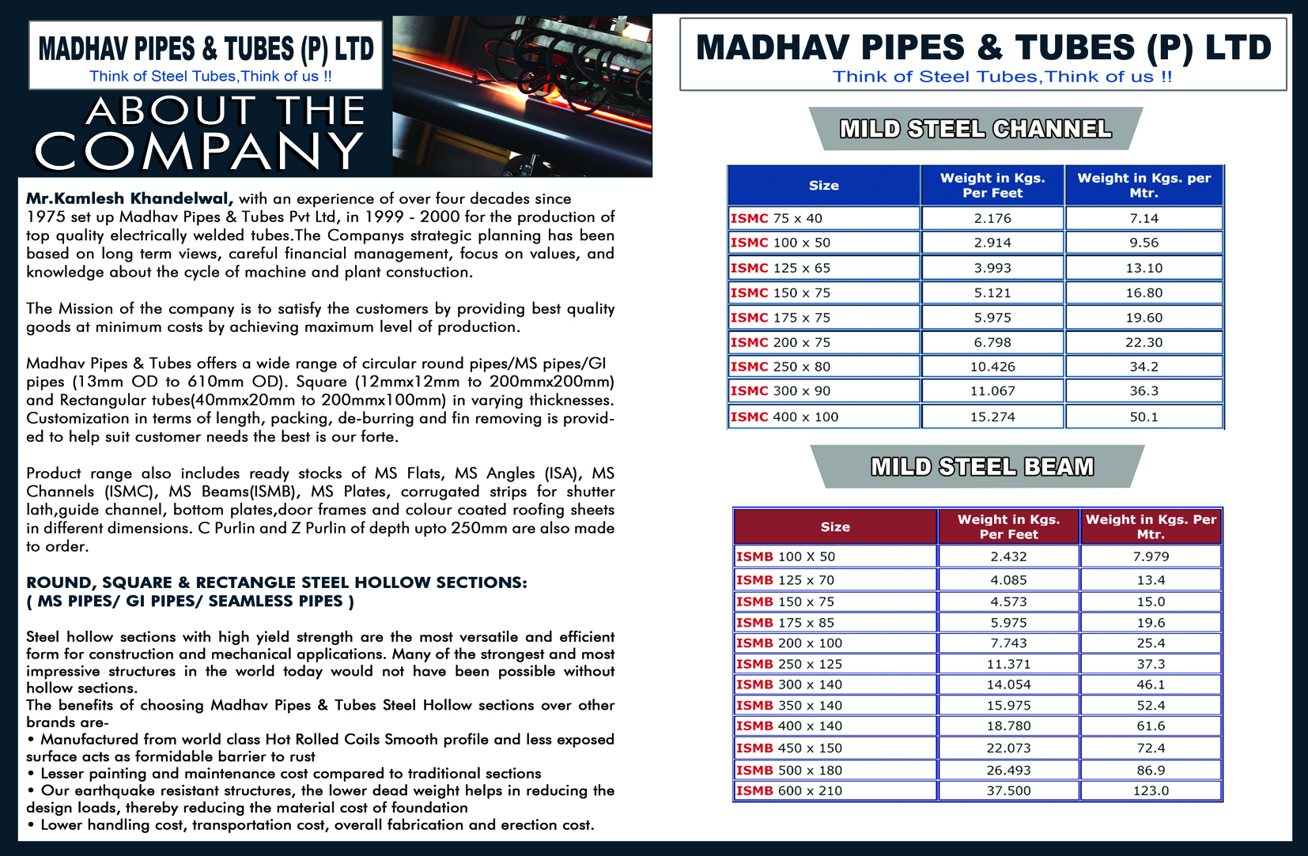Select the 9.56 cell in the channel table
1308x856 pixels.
coord(1144,243)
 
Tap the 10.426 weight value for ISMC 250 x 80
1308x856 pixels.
coord(992,367)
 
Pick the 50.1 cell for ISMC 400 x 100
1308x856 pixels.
coord(1144,417)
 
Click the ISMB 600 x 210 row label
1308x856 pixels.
coord(788,790)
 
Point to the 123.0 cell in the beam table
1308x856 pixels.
coord(1151,790)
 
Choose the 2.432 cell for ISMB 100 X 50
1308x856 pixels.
coord(1008,556)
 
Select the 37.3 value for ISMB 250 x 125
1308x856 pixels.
coord(1151,664)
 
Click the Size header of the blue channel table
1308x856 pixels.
coord(823,186)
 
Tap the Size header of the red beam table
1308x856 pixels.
coord(835,527)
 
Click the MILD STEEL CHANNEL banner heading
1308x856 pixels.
coord(975,129)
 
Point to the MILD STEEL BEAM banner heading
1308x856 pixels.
coord(982,467)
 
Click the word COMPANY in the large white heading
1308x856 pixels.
coord(198,151)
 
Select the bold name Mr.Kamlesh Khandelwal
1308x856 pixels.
coord(129,198)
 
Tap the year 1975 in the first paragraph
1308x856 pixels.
coord(46,217)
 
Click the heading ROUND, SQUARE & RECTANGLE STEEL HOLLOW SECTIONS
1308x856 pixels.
coord(276,583)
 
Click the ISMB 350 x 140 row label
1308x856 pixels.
coord(788,705)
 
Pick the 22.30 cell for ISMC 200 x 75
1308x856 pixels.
coord(1144,342)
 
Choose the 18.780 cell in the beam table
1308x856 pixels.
coord(1008,726)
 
